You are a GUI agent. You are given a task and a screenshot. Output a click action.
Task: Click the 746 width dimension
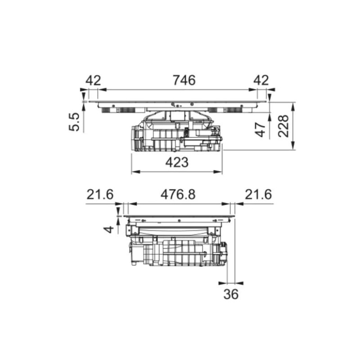click(184, 80)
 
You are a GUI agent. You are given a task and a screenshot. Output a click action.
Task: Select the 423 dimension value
click(177, 162)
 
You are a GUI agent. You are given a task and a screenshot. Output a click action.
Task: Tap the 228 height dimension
click(283, 126)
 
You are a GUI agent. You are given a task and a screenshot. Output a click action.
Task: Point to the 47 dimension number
click(261, 130)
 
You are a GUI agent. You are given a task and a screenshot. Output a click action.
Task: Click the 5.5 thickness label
click(74, 122)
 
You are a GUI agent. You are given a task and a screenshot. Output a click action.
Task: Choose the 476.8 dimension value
click(178, 194)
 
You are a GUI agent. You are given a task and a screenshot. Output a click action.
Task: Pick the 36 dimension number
click(231, 294)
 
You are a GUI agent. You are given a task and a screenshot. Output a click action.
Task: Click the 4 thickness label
click(108, 229)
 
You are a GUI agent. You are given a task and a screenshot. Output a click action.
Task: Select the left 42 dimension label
click(93, 81)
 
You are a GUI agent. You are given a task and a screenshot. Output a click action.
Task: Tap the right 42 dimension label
click(261, 81)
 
